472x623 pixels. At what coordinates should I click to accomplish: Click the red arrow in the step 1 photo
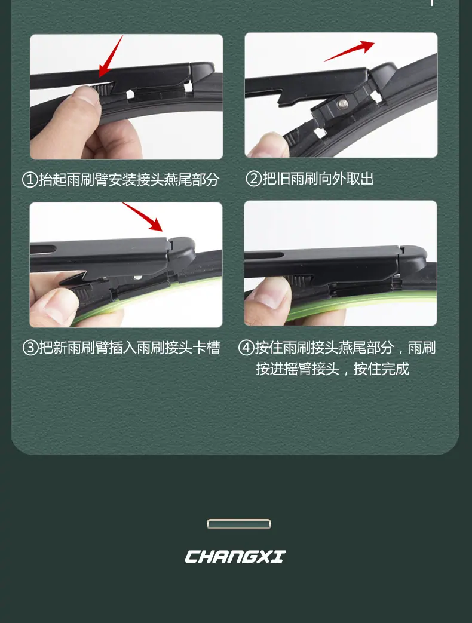tap(111, 56)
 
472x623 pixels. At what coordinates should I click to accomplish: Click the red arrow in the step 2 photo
tap(350, 51)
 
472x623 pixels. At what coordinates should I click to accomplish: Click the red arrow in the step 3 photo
tap(143, 217)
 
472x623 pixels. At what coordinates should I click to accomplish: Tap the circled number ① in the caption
tap(30, 180)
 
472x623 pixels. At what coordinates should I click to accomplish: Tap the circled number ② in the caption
tap(253, 179)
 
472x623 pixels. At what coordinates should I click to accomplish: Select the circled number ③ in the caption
tap(30, 348)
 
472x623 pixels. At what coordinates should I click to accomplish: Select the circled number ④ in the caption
tap(246, 348)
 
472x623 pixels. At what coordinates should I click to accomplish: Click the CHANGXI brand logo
tap(235, 556)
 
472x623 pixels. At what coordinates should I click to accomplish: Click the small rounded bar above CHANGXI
tap(239, 524)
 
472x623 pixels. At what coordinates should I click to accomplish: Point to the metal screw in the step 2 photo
tap(342, 104)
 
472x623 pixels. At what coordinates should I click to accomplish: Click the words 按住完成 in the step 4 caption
tap(381, 369)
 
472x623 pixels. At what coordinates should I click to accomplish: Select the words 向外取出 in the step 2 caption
tap(346, 179)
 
